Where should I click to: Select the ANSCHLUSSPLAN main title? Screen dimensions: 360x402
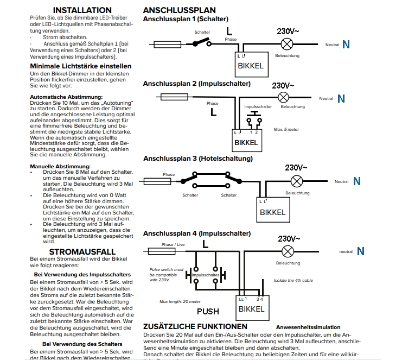(179, 10)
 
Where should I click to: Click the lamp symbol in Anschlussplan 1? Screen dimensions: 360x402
(289, 44)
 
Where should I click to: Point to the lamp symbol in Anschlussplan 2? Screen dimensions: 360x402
(283, 97)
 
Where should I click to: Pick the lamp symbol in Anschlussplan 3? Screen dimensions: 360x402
(296, 181)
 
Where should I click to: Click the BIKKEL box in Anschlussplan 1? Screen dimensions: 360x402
(251, 64)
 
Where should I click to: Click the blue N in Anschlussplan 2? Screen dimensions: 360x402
(341, 98)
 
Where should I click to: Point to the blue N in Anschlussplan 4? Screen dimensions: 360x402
(360, 251)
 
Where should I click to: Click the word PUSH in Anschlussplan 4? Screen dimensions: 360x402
(208, 312)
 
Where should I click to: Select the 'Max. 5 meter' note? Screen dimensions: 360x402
(286, 129)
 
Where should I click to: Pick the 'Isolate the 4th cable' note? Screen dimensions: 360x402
(292, 281)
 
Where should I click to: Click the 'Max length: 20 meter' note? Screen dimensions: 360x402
(180, 301)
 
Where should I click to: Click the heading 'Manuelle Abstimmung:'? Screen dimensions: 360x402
(60, 166)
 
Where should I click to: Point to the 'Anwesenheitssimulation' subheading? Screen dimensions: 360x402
(308, 327)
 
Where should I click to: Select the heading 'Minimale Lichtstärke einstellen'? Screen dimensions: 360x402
(80, 66)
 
